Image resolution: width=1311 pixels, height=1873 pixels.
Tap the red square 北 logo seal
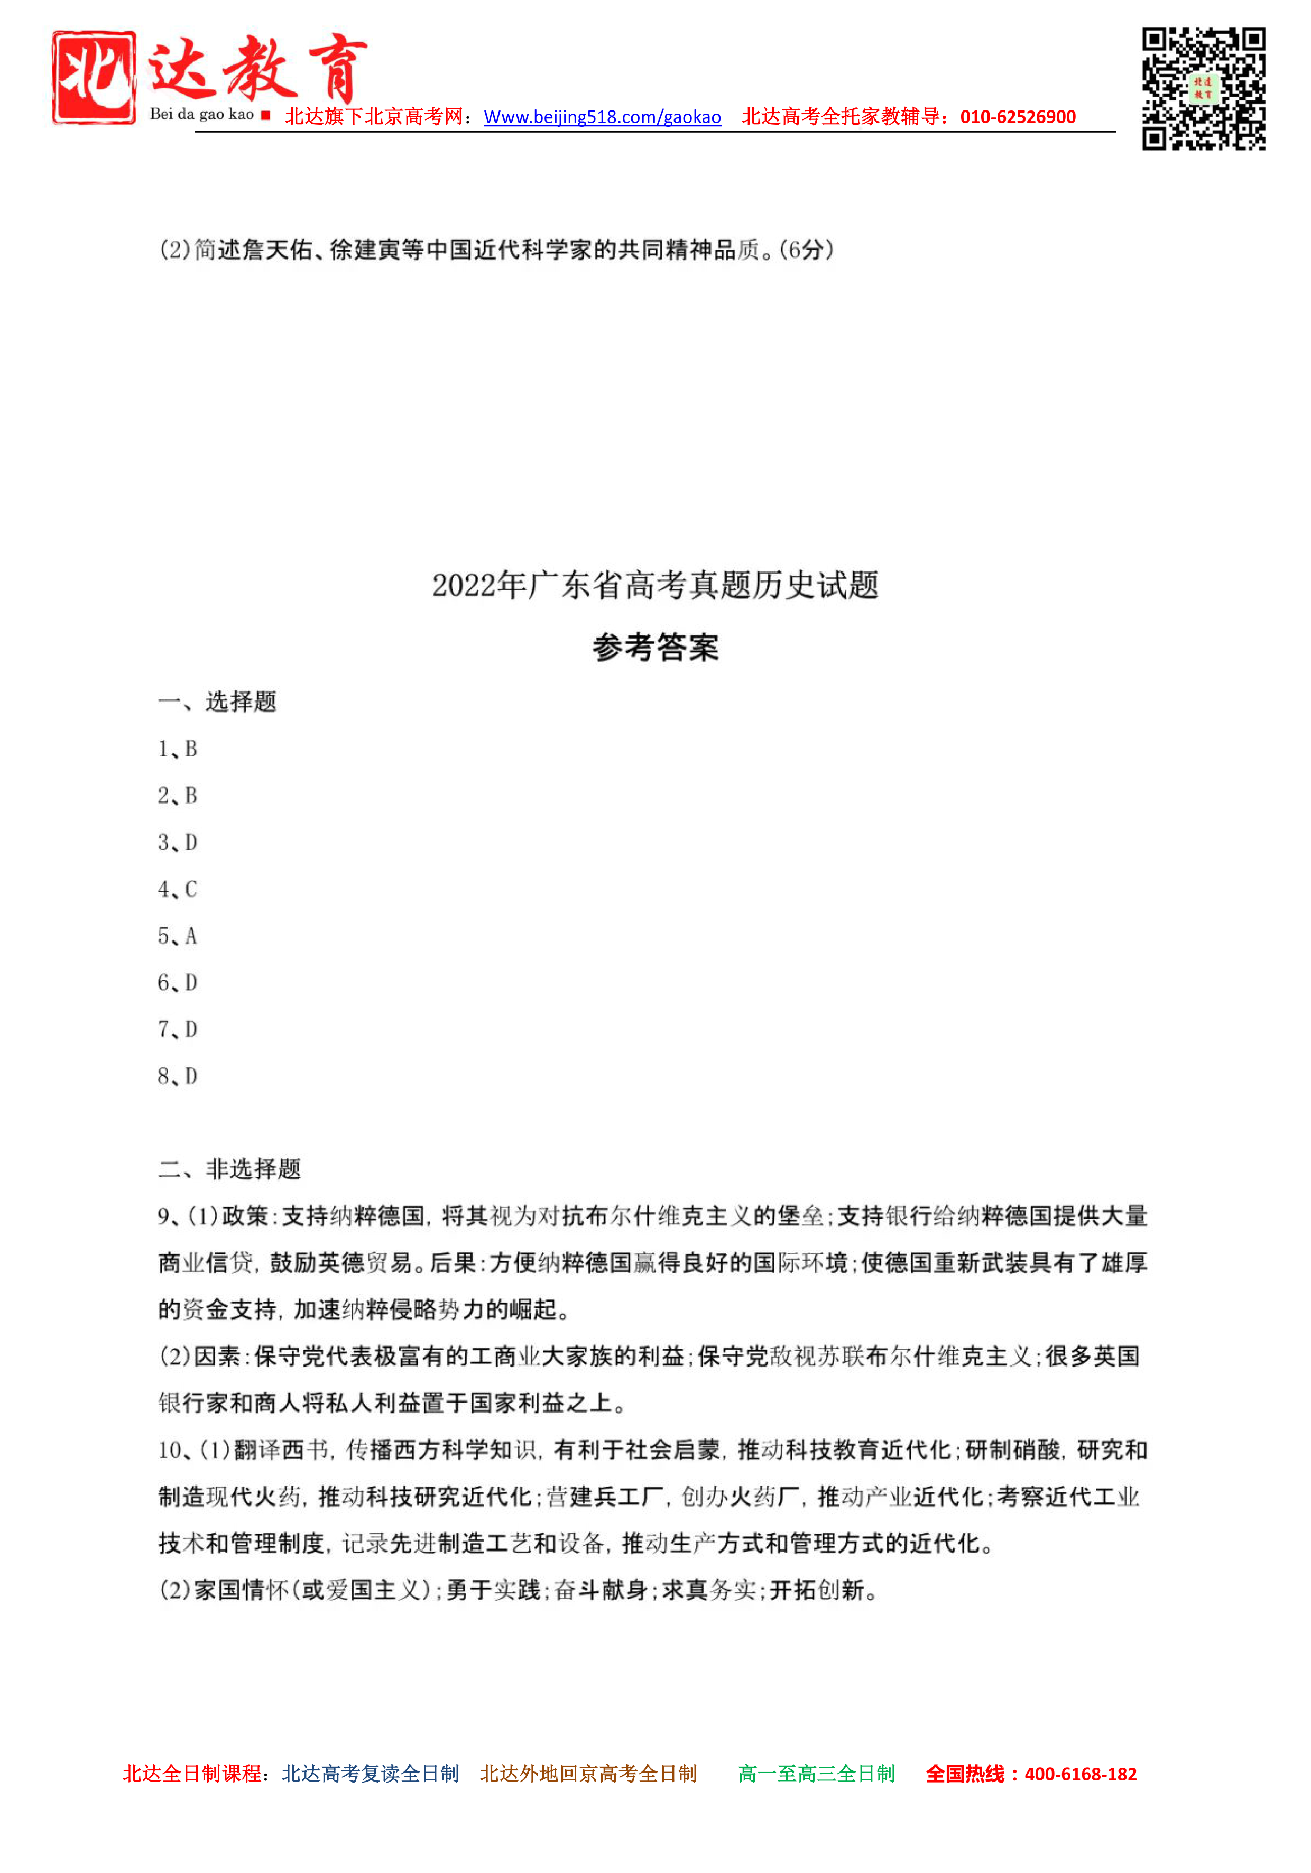[94, 78]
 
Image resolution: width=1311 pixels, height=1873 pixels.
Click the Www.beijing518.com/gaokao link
[602, 117]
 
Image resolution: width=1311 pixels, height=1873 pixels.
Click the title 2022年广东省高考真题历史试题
[655, 585]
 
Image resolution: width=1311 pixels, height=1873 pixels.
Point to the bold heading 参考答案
[655, 647]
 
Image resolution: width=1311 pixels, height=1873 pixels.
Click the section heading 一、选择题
[217, 702]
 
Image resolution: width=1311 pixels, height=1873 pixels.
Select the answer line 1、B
[177, 749]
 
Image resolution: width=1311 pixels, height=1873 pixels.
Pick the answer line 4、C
[177, 889]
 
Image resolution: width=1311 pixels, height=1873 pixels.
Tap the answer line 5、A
[177, 936]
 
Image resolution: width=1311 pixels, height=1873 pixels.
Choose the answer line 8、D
[177, 1076]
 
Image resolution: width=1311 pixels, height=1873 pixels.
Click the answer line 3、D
[177, 842]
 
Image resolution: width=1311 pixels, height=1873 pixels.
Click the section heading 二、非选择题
[229, 1169]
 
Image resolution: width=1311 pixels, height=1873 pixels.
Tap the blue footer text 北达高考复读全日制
[371, 1774]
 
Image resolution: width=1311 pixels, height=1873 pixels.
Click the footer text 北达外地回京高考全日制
[588, 1774]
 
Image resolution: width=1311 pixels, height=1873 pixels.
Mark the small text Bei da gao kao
[201, 114]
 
